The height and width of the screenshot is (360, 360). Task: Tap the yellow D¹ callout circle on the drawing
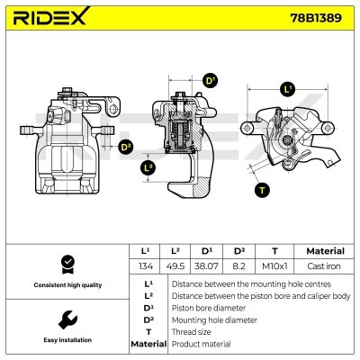(210, 81)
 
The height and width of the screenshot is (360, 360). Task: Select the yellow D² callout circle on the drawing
(125, 147)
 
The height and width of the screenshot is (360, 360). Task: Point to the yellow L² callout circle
(149, 167)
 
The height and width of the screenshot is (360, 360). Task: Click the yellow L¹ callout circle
(287, 89)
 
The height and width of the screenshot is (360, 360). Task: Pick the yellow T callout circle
(262, 189)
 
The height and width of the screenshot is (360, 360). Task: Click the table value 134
(145, 266)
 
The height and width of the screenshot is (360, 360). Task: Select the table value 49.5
(177, 266)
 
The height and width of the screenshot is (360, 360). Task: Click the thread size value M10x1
(274, 266)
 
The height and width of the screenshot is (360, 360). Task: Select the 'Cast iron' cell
(324, 266)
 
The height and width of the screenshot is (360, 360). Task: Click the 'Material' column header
(324, 251)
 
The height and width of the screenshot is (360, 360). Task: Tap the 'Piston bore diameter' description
(210, 307)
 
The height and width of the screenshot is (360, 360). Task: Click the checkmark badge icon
(66, 264)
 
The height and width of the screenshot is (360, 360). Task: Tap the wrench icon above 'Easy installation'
(66, 319)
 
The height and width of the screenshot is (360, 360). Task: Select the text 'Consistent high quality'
(66, 284)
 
